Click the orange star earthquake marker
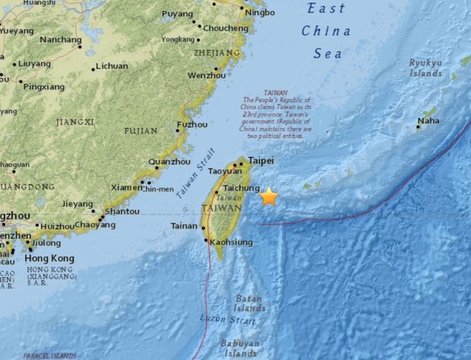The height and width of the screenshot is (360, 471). tap(269, 197)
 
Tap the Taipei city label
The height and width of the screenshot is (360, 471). tap(260, 161)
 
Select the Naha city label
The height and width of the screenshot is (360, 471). tap(428, 121)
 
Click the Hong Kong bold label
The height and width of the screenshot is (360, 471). tap(50, 258)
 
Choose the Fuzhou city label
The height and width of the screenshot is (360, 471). tap(192, 124)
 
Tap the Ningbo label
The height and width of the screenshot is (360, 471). tap(258, 12)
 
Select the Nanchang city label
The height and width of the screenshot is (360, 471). tap(60, 40)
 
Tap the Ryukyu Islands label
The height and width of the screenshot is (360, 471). tap(426, 68)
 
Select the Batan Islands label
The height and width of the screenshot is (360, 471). tap(250, 303)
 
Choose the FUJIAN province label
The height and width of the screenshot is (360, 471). tap(140, 131)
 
